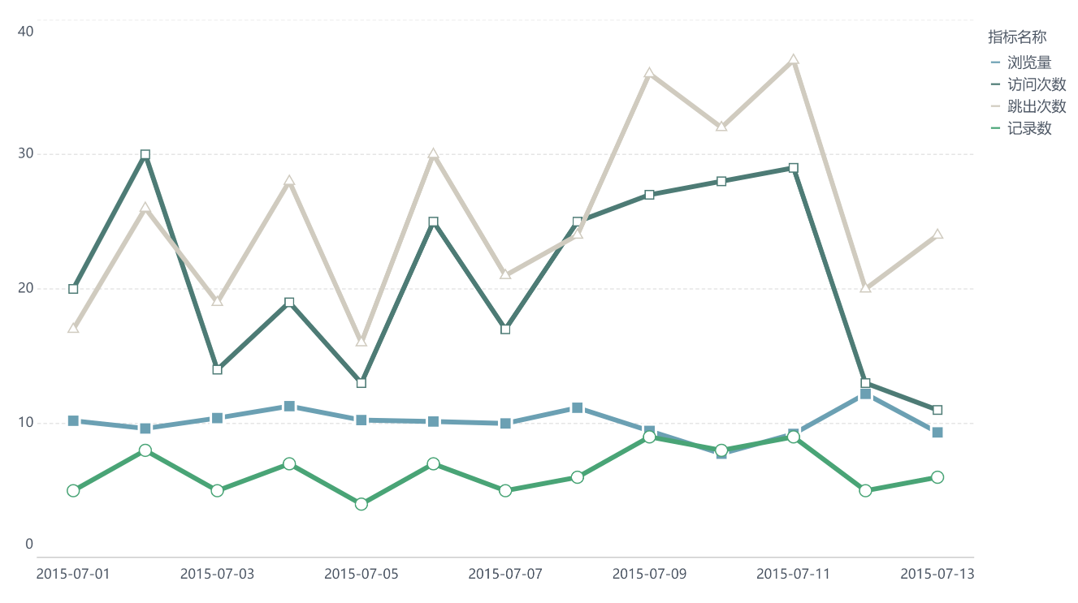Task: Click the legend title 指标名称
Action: (x=1016, y=37)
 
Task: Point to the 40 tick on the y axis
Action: (x=25, y=31)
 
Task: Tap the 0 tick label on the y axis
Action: (x=29, y=544)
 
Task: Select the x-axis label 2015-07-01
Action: (x=73, y=574)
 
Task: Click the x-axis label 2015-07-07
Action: (x=505, y=574)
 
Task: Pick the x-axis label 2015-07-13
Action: (x=937, y=574)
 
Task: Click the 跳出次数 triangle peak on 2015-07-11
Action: (x=794, y=60)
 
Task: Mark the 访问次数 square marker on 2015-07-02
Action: (x=145, y=154)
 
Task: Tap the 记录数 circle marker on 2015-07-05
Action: (x=361, y=504)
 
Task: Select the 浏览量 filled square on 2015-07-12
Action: (x=865, y=394)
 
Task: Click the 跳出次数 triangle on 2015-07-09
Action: (x=649, y=74)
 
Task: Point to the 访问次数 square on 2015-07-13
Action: (x=937, y=410)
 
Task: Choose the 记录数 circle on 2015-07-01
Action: (x=73, y=490)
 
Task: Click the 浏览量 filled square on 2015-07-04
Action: (x=289, y=406)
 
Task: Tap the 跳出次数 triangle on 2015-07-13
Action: (x=937, y=235)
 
